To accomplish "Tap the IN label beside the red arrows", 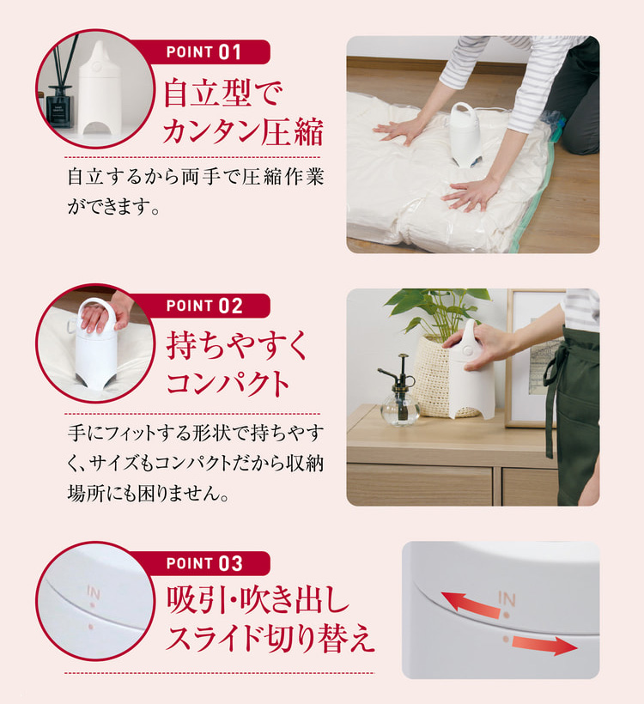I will click(507, 598).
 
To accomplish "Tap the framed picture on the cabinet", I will click(532, 361).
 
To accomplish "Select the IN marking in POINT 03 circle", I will click(93, 593).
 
